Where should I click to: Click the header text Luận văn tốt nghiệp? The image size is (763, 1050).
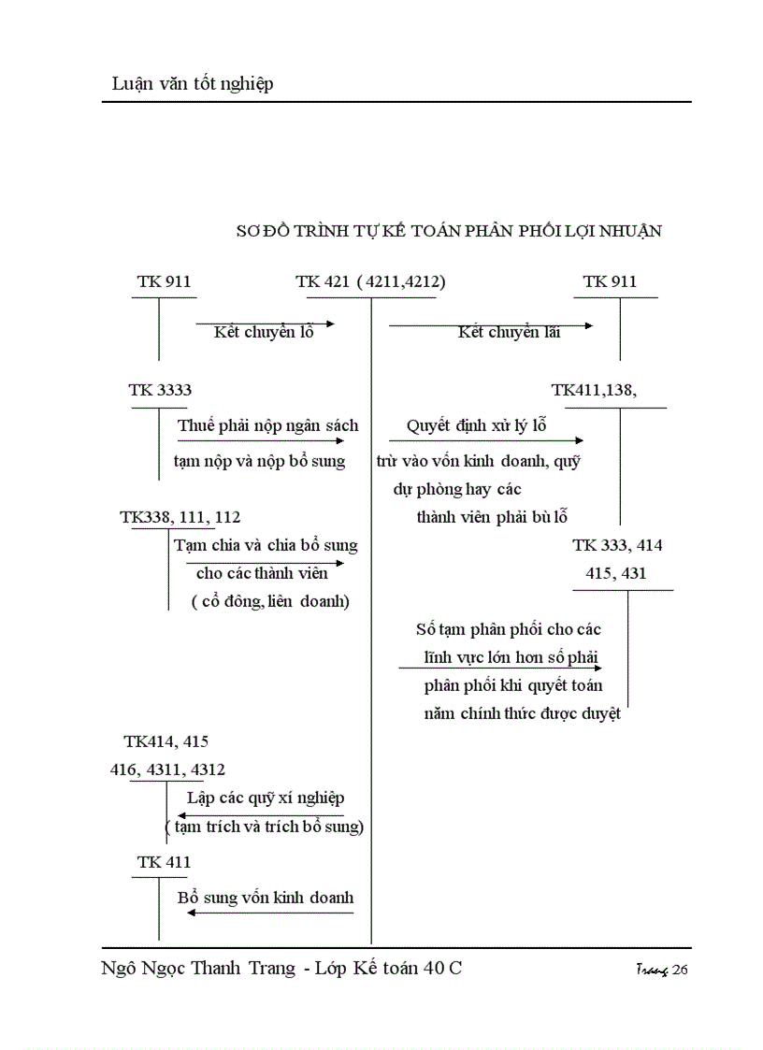[x=187, y=84]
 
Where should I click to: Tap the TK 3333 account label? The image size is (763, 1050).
[x=160, y=390]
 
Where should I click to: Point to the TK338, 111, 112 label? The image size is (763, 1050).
[x=180, y=516]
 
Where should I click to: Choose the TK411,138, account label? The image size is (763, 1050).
[x=595, y=390]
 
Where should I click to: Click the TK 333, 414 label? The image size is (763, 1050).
[x=617, y=545]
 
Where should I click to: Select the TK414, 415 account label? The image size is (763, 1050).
[x=166, y=741]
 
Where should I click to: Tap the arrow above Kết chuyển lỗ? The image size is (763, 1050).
[x=265, y=324]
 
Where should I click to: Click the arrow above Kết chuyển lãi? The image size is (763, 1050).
[x=491, y=325]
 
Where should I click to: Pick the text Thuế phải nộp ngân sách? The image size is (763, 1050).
[x=268, y=425]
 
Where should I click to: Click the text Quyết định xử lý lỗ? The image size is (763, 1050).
[x=476, y=425]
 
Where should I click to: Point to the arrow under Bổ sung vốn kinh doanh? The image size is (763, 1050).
[x=270, y=912]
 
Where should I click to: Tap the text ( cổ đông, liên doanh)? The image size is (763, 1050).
[x=270, y=601]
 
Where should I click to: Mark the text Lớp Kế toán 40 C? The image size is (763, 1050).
[x=394, y=969]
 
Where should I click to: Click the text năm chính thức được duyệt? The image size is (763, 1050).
[x=522, y=715]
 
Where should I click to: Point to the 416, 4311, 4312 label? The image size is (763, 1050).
[x=167, y=770]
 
